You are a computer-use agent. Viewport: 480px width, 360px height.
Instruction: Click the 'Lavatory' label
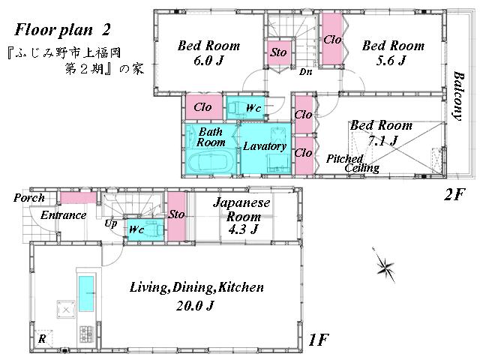click(x=264, y=145)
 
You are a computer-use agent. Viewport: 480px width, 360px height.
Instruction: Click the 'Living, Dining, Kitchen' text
click(x=196, y=287)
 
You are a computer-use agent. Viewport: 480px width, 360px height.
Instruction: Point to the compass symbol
click(x=384, y=265)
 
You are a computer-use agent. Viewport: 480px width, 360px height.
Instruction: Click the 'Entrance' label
click(x=64, y=216)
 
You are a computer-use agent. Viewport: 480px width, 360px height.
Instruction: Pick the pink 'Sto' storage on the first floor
click(x=176, y=215)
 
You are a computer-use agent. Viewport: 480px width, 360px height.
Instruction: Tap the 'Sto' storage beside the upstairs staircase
click(x=278, y=52)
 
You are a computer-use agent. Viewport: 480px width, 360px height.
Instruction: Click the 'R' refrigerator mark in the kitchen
click(x=43, y=337)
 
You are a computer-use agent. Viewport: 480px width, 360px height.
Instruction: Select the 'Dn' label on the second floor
click(x=305, y=72)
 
